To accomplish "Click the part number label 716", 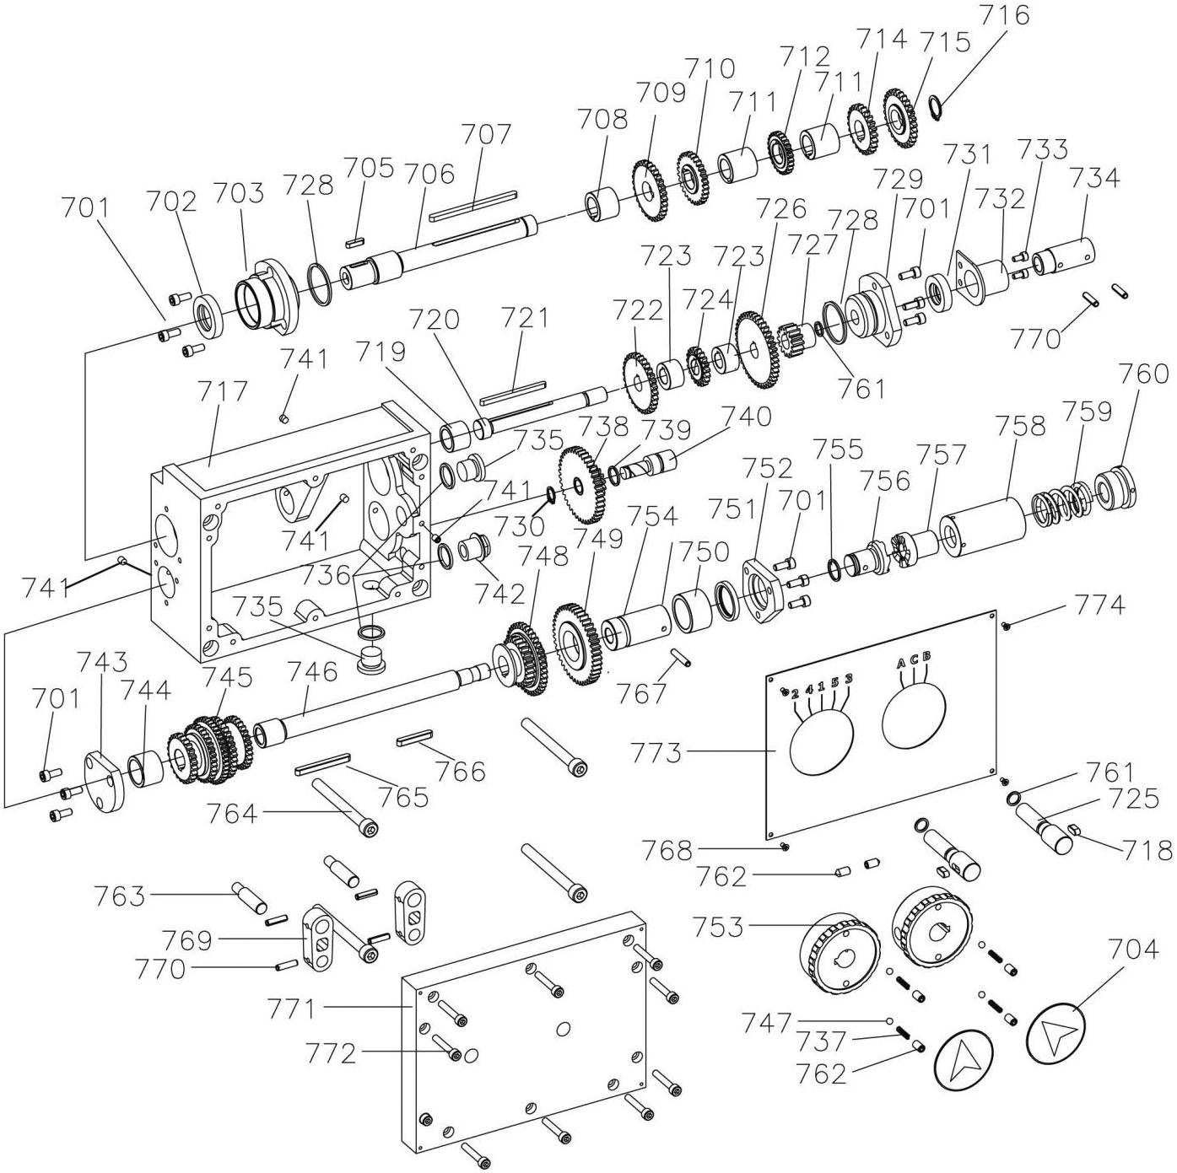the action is pyautogui.click(x=1004, y=16).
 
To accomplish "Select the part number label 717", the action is pyautogui.click(x=224, y=390).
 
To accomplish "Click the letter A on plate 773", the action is pyautogui.click(x=899, y=663).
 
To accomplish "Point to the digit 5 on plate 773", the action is pyautogui.click(x=834, y=681).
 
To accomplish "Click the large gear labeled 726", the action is pyautogui.click(x=759, y=350).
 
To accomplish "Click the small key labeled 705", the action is pyautogui.click(x=354, y=242).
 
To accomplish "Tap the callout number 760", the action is pyautogui.click(x=1144, y=373).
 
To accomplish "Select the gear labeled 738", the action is pyautogui.click(x=583, y=485).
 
